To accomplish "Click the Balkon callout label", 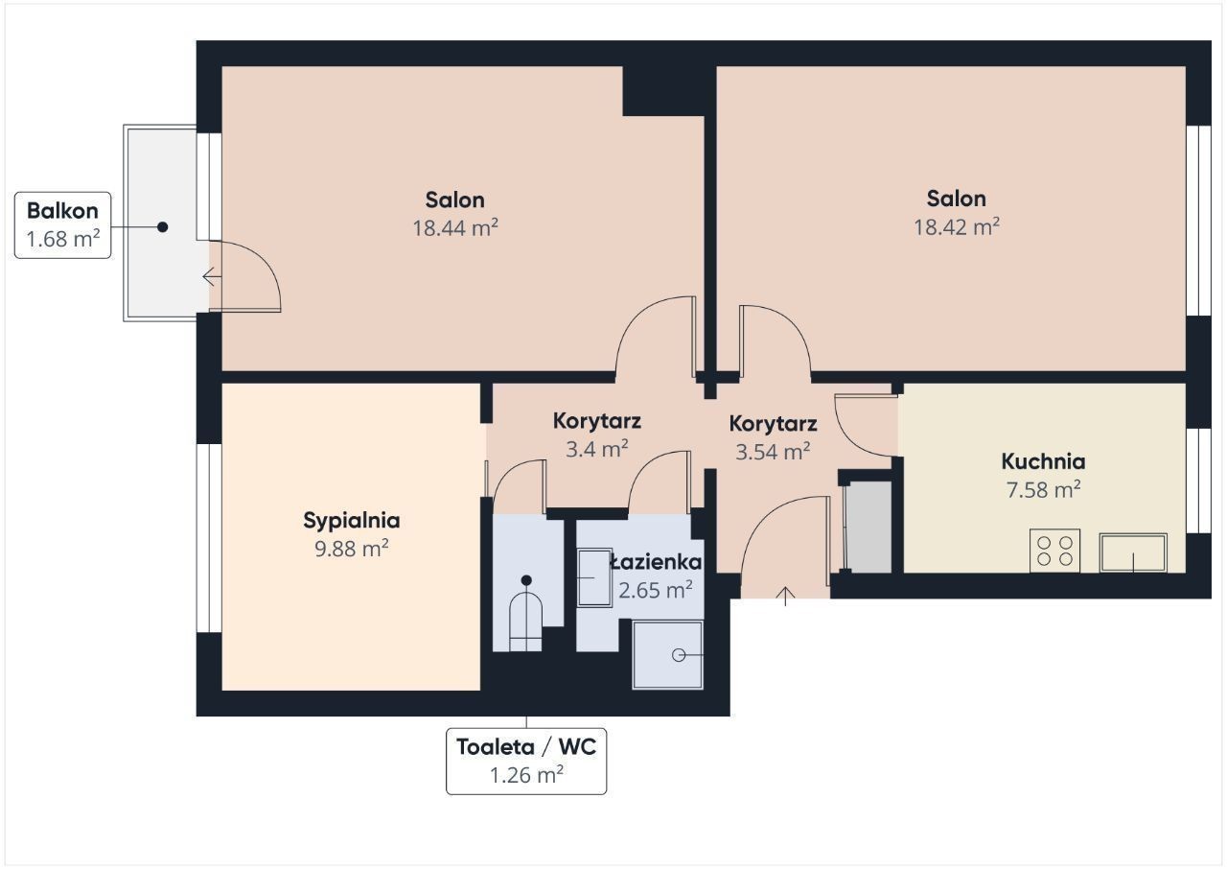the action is coord(62,225).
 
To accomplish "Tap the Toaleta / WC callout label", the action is coord(526,761).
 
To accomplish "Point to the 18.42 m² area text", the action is coord(957,226).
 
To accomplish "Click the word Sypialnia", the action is coord(352,521).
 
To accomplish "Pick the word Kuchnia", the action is coord(1044,461).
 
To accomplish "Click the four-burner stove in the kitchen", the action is coord(1055,551).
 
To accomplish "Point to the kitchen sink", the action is coord(1133,552).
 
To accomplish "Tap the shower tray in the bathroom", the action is coord(668,655).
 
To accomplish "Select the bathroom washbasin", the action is coord(595,578).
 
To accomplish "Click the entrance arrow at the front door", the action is coord(786,597).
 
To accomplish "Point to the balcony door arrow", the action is coord(212,276).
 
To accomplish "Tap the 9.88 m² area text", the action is coord(352,549).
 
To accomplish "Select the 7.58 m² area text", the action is coord(1044,489).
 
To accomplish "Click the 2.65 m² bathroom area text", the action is coord(656,590).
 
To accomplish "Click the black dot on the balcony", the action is coord(162,226).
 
